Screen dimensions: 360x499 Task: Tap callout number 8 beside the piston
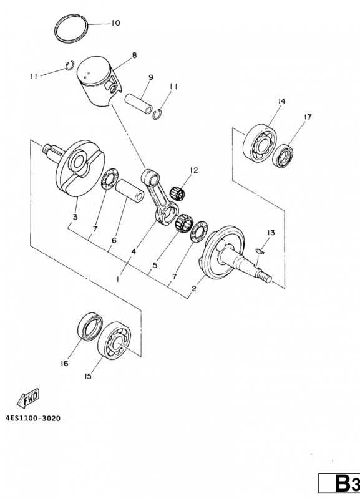tap(134, 56)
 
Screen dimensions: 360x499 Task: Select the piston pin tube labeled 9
tap(139, 103)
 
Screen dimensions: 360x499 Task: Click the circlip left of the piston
tap(70, 65)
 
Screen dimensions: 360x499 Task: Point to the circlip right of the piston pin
tap(157, 115)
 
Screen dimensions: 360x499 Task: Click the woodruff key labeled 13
tap(260, 251)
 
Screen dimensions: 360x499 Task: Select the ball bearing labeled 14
tap(260, 143)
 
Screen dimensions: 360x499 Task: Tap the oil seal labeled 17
tap(283, 156)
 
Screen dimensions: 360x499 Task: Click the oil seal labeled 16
tap(90, 326)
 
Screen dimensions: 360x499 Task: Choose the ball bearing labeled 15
tap(114, 340)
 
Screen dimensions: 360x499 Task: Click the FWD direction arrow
tap(28, 398)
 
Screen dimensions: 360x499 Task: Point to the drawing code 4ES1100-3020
tap(33, 418)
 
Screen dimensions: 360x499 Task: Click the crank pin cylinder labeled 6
tap(130, 190)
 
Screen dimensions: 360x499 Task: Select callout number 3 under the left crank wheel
tap(75, 217)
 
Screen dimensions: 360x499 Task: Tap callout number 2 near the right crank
tap(194, 289)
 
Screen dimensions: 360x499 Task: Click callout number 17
tap(308, 117)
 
